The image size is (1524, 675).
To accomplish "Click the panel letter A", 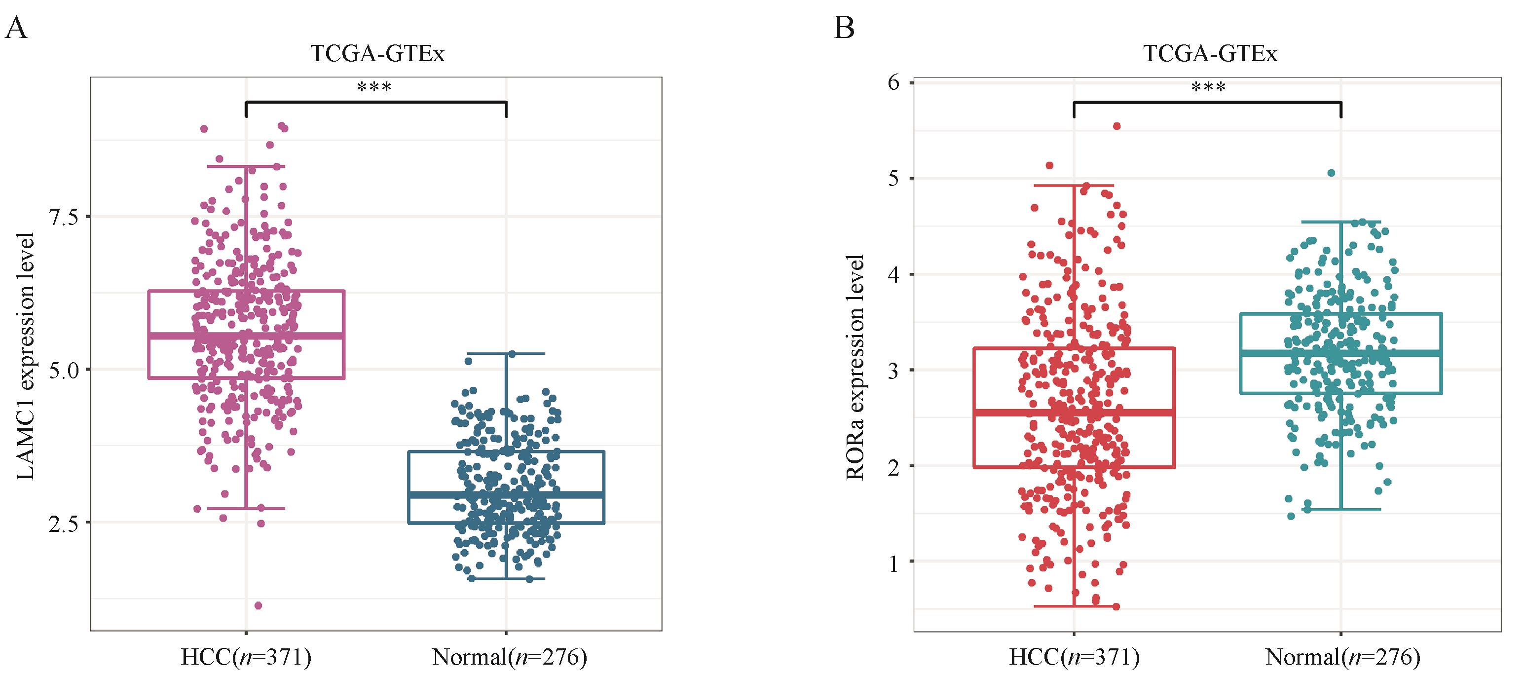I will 16,28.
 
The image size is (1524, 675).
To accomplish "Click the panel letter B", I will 844,28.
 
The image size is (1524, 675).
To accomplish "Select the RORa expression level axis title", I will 855,367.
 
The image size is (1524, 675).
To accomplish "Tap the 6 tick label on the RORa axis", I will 893,83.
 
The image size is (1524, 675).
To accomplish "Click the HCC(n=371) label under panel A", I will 246,657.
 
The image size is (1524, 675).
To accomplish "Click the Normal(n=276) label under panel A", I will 509,657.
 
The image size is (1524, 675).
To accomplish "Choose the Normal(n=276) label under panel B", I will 1342,657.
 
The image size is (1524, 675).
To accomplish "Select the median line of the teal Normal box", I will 1340,353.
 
